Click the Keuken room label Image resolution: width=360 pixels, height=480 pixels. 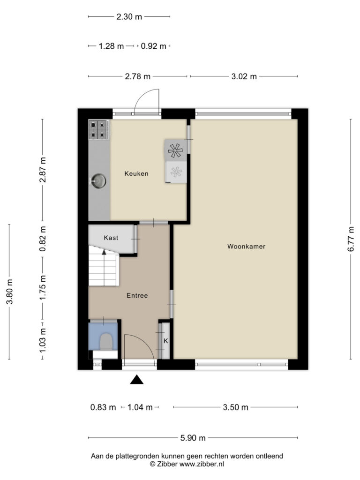(136, 173)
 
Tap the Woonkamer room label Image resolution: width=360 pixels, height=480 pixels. (246, 247)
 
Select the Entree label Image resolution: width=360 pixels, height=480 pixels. (137, 295)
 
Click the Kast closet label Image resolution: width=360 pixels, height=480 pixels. (111, 238)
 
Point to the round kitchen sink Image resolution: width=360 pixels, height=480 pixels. (98, 180)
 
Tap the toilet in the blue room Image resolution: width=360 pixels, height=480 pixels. (106, 341)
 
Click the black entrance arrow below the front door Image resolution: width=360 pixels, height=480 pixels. (136, 380)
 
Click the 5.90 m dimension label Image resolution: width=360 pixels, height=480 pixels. (193, 438)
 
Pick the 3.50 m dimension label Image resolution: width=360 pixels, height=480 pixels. (235, 407)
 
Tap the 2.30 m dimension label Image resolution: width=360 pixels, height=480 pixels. (129, 17)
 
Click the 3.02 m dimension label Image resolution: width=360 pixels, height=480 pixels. (244, 76)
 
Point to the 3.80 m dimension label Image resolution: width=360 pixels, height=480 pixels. (10, 292)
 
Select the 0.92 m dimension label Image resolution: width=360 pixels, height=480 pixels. (153, 46)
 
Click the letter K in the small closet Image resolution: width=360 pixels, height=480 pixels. (165, 341)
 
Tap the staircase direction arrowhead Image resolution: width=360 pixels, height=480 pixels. (104, 252)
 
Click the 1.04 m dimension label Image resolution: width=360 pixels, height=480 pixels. (140, 407)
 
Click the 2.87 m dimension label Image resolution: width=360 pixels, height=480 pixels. (43, 170)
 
